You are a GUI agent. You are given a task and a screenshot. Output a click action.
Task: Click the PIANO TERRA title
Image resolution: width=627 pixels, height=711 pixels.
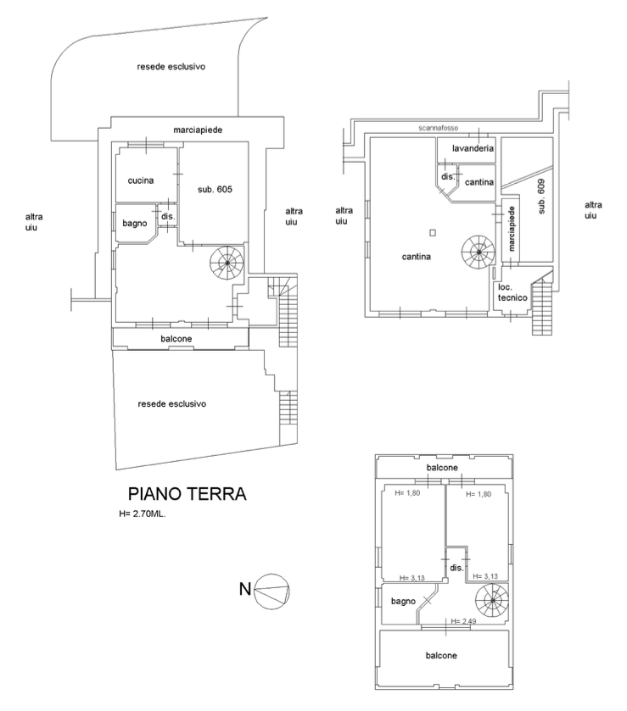coord(187,494)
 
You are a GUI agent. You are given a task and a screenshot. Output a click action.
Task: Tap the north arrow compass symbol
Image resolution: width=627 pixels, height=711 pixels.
coord(272,587)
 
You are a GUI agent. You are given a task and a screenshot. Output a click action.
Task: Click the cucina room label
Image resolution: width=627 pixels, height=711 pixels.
coord(140,180)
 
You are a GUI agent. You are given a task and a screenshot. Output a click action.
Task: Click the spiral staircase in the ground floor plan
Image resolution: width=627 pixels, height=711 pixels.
coord(227,263)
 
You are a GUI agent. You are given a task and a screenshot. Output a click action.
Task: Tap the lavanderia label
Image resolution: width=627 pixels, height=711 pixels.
coord(467,148)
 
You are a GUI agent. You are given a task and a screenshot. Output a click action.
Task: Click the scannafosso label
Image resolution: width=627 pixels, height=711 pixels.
coord(439,128)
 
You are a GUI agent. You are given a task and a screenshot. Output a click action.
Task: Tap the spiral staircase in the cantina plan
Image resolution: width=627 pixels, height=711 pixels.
coord(479,251)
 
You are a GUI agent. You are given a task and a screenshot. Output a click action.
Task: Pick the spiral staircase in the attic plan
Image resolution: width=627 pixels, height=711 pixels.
coord(491,603)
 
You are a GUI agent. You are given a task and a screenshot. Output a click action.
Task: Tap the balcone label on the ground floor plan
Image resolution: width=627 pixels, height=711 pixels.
coord(176,339)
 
